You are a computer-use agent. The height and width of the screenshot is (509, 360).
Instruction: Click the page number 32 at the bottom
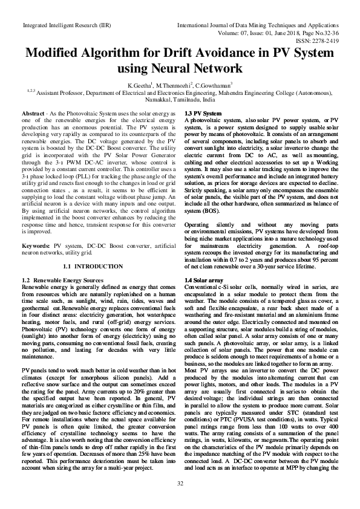(180, 483)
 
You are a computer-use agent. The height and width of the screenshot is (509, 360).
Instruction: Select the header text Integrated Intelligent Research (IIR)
(58, 26)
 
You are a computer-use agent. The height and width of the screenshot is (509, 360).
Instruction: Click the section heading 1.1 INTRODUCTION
(93, 266)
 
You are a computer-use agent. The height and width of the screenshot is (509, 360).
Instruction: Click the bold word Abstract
(32, 114)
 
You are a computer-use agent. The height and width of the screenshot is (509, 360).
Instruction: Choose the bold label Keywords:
(36, 247)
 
